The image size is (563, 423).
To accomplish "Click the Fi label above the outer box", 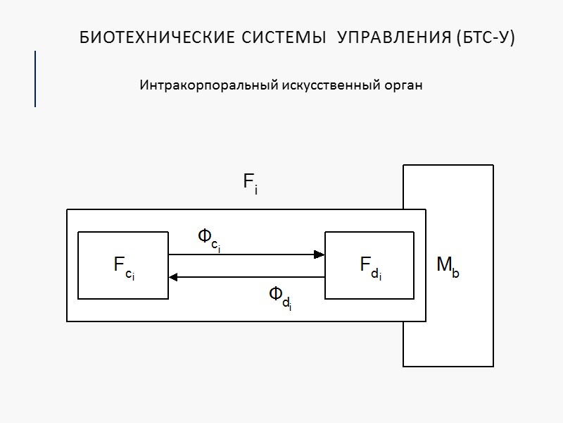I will tap(251, 184).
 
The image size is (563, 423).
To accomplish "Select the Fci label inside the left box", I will tap(124, 266).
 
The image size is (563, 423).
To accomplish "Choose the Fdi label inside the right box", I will tap(370, 266).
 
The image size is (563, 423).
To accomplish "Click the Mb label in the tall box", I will tap(448, 267).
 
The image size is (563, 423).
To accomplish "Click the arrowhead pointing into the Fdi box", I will tap(319, 255).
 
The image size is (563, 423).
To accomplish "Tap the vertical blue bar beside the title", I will tap(35, 78).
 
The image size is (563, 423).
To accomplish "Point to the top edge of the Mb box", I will tap(448, 166).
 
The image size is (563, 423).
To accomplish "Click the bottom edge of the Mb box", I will tap(448, 366).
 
